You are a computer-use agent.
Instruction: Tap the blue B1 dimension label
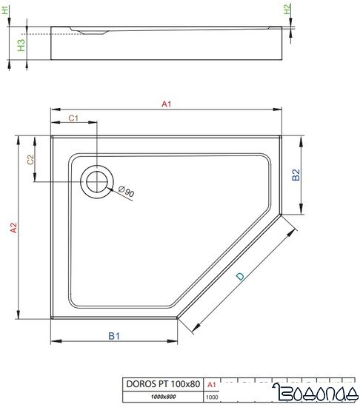114,336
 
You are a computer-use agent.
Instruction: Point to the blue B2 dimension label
295,175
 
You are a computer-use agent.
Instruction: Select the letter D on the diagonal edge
240,276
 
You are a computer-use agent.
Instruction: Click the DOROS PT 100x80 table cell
162,383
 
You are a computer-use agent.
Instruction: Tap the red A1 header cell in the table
211,383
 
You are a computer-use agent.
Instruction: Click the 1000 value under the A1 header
211,397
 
